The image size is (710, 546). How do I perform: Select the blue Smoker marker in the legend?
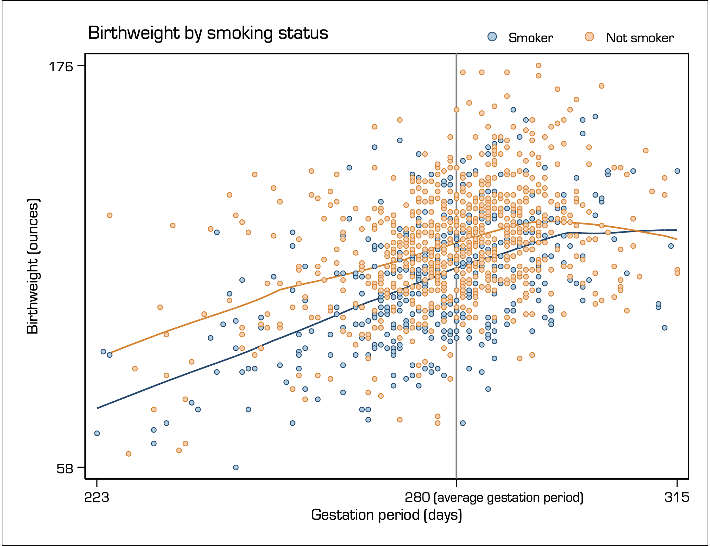click(492, 37)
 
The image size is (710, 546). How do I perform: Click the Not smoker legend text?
click(639, 38)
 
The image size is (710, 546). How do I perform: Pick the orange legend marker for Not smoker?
click(589, 37)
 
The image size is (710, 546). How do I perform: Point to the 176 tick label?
click(61, 66)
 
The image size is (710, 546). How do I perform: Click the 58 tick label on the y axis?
click(64, 469)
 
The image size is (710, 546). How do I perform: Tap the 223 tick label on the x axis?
click(97, 498)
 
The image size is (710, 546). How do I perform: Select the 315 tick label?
click(677, 498)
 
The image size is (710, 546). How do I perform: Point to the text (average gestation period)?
click(508, 498)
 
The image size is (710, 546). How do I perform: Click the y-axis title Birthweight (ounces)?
click(33, 266)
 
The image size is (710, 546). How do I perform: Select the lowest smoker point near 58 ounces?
click(236, 467)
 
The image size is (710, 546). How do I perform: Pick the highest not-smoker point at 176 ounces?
click(538, 65)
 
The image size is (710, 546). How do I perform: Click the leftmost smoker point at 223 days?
click(97, 433)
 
